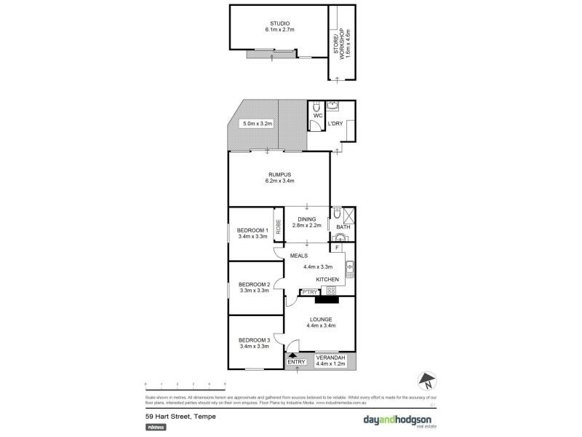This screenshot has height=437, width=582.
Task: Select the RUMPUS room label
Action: point(279,175)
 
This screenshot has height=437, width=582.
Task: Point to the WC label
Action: point(317,115)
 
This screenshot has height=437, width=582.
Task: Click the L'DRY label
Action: point(335,124)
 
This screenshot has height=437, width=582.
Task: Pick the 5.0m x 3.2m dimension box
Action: point(257,124)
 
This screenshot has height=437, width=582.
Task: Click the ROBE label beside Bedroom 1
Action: point(278,226)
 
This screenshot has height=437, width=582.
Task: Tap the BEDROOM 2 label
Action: point(254,284)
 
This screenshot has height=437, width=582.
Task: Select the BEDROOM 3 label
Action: point(254,340)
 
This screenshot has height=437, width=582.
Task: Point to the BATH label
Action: point(343,227)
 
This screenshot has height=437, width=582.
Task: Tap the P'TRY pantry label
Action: point(310,292)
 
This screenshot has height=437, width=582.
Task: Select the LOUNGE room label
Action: point(320,319)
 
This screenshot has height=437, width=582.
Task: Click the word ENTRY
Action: point(297,362)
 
